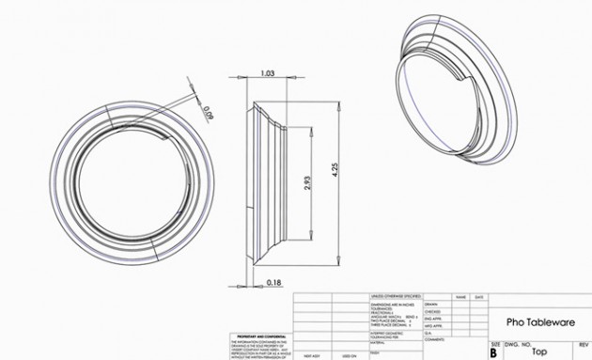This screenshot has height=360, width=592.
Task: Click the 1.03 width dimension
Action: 267,72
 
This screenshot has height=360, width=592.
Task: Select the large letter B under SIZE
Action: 493,354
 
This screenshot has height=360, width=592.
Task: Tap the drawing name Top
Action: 539,352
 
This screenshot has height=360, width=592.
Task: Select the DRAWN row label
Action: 431,305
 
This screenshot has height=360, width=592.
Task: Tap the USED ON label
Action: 349,357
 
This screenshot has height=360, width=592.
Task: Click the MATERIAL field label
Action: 381,342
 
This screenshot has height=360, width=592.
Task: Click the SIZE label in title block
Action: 493,345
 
